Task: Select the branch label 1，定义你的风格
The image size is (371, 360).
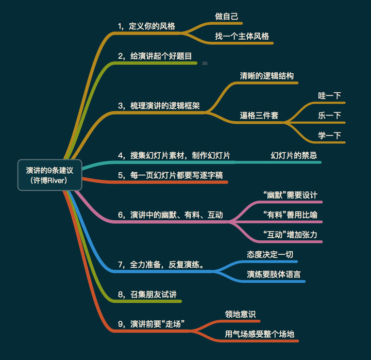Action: (146, 25)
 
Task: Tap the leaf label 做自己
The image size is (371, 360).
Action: (227, 16)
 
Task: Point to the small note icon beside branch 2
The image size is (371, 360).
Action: (205, 63)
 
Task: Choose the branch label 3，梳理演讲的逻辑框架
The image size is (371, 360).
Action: (159, 105)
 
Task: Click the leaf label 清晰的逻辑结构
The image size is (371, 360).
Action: (266, 75)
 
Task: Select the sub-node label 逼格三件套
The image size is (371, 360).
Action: (259, 115)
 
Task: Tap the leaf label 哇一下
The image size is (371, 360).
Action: (330, 95)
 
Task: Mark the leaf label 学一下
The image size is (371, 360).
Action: (330, 135)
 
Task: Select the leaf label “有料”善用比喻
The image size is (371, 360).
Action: (290, 215)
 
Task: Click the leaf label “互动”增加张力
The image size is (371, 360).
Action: (290, 235)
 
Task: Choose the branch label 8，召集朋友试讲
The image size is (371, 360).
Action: (149, 294)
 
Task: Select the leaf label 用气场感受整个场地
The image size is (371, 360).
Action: (260, 334)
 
